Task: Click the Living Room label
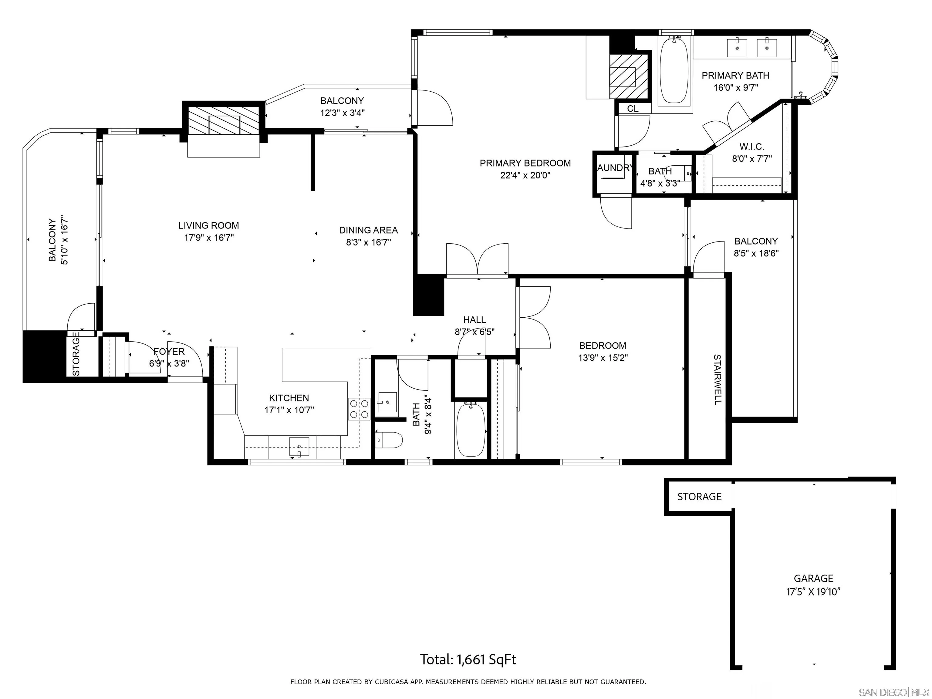(x=208, y=225)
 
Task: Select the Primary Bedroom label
(x=525, y=163)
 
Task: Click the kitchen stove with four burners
(x=359, y=409)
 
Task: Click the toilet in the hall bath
(x=388, y=440)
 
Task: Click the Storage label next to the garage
(x=699, y=497)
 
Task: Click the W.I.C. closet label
(x=752, y=147)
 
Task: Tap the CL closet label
(x=633, y=109)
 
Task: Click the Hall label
(x=474, y=320)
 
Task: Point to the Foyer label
(x=169, y=351)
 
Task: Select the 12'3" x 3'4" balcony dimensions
(x=342, y=113)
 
